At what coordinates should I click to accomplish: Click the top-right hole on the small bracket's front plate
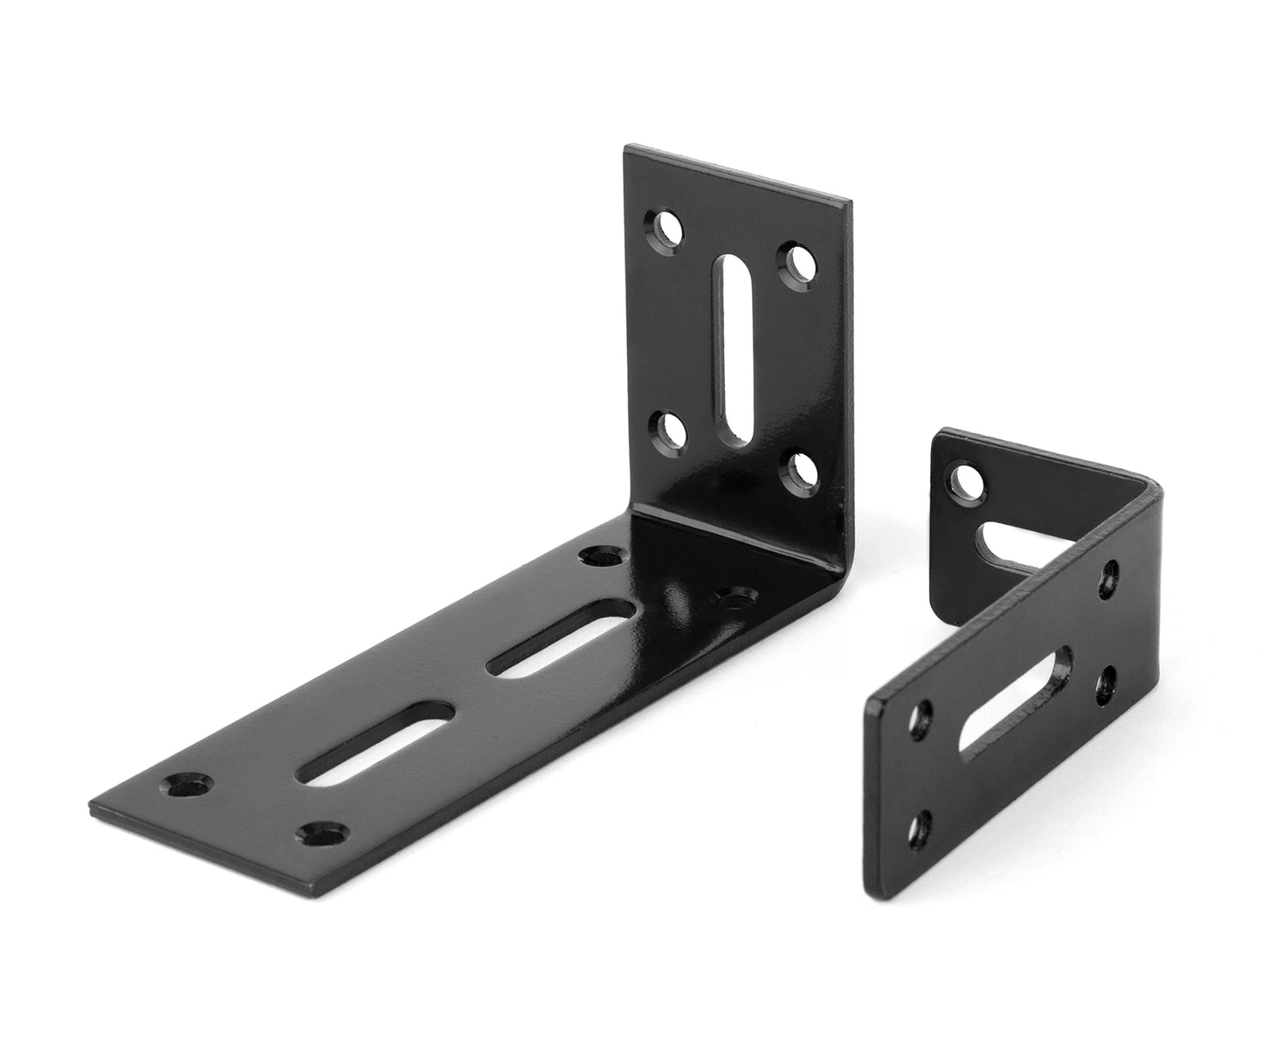1110,574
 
